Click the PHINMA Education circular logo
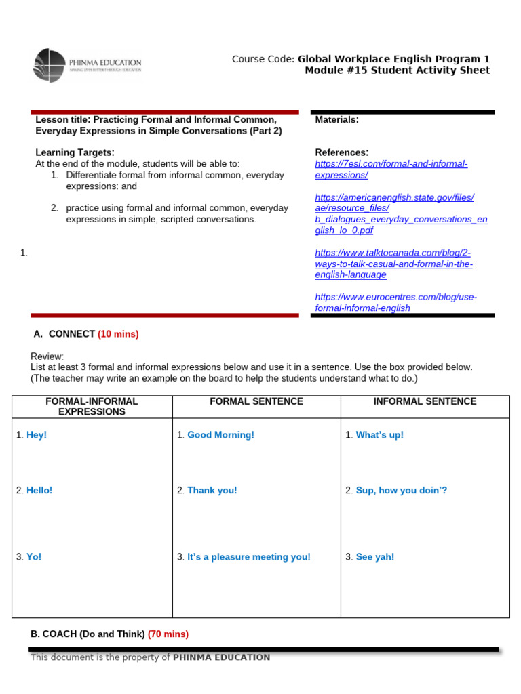50,65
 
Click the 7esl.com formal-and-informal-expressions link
391,169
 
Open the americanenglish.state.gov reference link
401,213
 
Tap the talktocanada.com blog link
393,264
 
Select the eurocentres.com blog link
396,302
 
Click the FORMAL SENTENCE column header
256,401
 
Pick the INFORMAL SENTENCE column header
425,401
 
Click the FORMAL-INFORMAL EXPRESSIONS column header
92,407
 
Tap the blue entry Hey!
37,435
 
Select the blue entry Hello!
39,490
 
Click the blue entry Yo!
34,557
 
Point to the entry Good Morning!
220,435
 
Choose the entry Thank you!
212,490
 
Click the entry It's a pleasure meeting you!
248,557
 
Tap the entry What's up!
379,435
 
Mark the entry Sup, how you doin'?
401,490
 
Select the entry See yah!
374,557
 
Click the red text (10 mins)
118,334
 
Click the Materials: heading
337,120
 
